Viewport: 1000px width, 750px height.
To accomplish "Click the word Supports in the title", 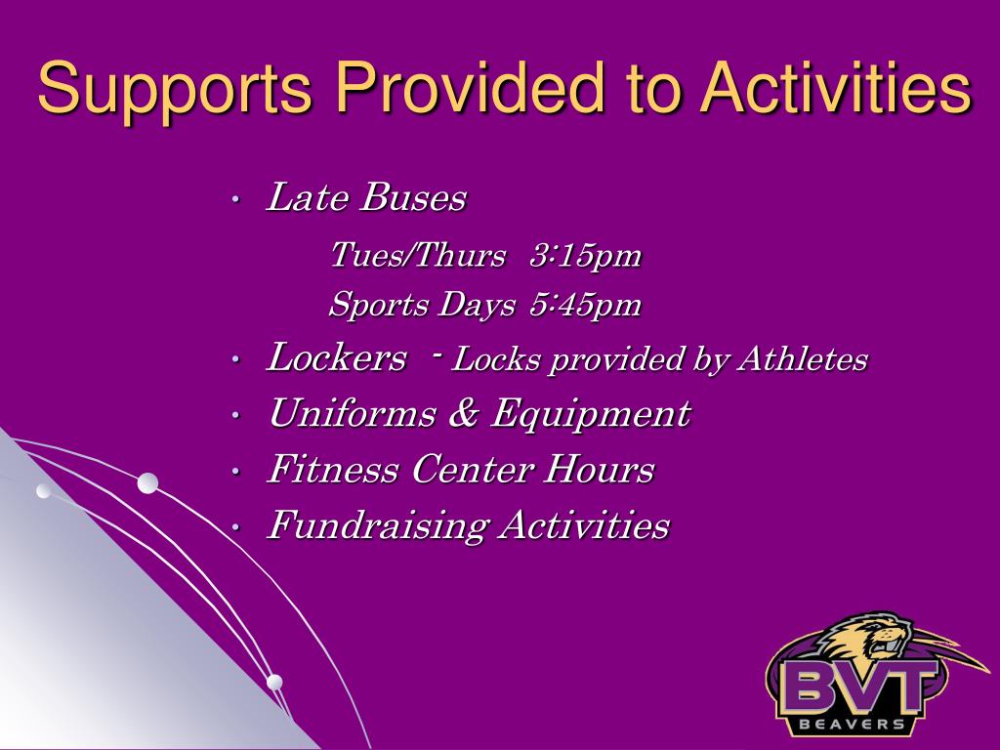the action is tap(174, 89).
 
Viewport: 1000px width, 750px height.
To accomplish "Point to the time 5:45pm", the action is tap(585, 305).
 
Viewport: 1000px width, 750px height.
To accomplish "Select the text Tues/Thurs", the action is tap(418, 255).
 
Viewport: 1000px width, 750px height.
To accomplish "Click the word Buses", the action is tap(413, 197).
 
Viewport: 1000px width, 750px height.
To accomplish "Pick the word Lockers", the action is tap(336, 356).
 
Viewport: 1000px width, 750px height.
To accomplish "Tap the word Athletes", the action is tap(803, 359).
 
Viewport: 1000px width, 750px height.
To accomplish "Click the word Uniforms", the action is tap(353, 413).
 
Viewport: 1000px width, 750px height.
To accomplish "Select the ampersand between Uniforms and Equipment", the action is tap(464, 413).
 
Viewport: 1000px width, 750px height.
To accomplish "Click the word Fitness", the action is tap(334, 470).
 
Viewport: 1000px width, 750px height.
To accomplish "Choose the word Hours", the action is tap(599, 470).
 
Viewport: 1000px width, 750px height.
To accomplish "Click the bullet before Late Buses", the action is tap(235, 199).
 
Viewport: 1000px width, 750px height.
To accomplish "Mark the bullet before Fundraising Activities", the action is tap(235, 528).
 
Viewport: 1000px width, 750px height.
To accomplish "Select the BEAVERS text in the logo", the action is tap(852, 724).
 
